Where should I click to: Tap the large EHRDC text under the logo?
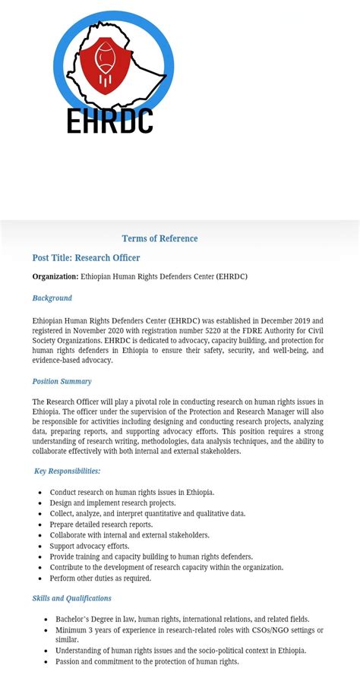[x=110, y=121]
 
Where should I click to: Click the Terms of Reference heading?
[x=159, y=238]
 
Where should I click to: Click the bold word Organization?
[x=55, y=276]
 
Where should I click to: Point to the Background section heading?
[x=52, y=298]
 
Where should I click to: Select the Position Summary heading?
[x=62, y=381]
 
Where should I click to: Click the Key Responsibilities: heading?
[x=68, y=471]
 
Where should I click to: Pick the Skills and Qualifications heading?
[x=71, y=598]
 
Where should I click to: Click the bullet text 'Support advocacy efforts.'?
[x=90, y=546]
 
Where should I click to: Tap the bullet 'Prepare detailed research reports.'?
[x=101, y=525]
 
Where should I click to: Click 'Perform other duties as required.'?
[x=100, y=578]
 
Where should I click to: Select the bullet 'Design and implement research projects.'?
[x=112, y=503]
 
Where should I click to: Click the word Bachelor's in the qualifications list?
[x=74, y=619]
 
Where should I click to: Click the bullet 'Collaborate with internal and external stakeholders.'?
[x=129, y=535]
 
